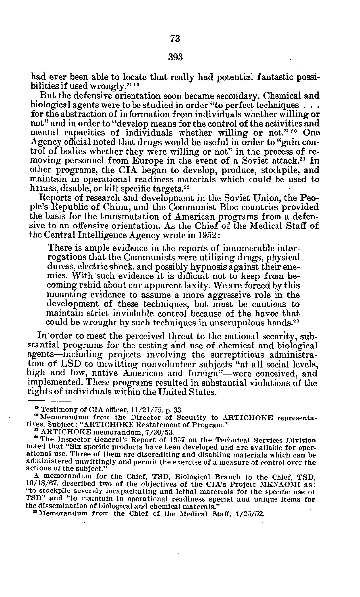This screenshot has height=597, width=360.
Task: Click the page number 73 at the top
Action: [175, 39]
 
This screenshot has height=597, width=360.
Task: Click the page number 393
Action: [175, 58]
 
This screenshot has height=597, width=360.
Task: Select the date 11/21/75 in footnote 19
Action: [144, 410]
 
